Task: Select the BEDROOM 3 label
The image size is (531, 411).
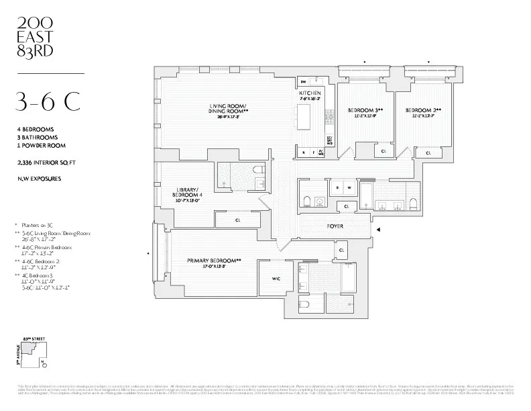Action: tap(365, 110)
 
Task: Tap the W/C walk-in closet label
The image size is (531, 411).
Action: tap(275, 277)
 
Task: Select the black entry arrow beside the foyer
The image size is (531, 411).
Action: tap(379, 230)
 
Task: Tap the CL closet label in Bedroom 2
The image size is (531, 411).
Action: tap(427, 153)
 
